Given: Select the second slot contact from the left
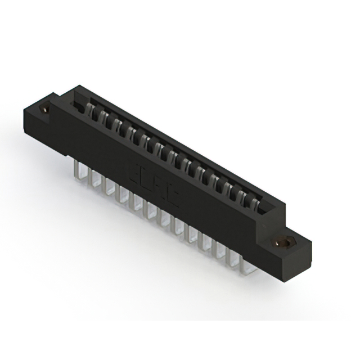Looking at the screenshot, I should click(103, 116).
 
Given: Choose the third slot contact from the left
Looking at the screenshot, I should click(116, 123).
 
